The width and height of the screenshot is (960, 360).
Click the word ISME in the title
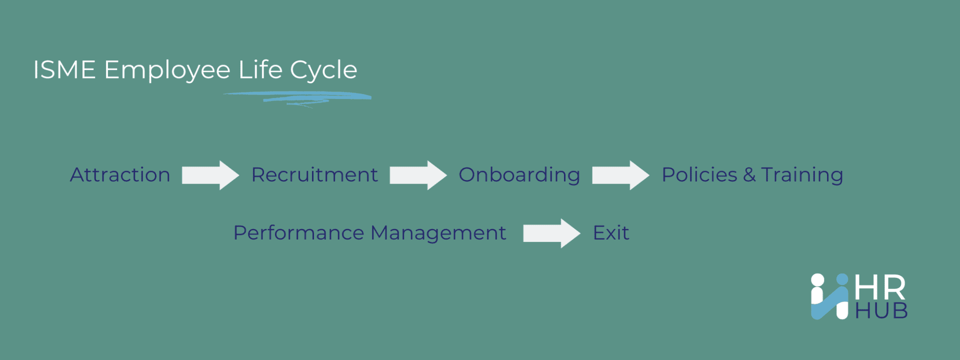coord(64,69)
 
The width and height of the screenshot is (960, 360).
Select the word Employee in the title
coord(167,71)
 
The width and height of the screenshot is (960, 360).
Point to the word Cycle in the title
coord(323,71)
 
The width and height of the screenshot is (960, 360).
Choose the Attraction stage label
coord(120,175)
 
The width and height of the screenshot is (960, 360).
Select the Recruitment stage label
coord(314,175)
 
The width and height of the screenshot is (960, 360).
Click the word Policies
coord(699,175)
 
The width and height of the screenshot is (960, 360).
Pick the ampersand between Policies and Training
coord(749,175)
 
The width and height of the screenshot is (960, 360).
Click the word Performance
coord(299,233)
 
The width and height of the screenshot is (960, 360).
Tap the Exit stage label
coord(611,233)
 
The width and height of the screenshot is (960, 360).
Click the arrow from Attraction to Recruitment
coord(210,175)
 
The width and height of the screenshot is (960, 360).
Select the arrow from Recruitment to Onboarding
coord(418,175)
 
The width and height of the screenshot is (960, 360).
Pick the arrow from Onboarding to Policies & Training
coord(621,175)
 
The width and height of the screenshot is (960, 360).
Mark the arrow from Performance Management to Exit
coord(552,233)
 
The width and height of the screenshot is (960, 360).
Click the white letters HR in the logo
coord(880,288)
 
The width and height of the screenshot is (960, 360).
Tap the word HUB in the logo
coord(881,311)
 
